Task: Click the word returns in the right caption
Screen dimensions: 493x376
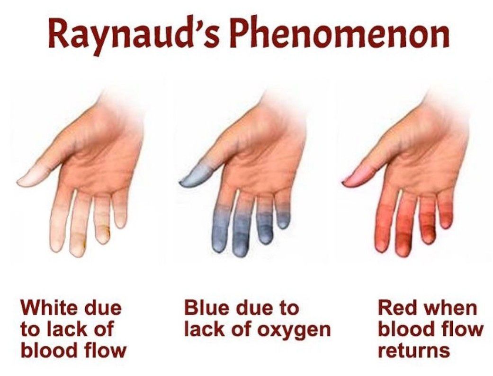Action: pos(414,349)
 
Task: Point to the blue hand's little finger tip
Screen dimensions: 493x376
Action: pos(283,224)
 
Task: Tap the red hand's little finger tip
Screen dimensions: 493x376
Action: pos(445,224)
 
